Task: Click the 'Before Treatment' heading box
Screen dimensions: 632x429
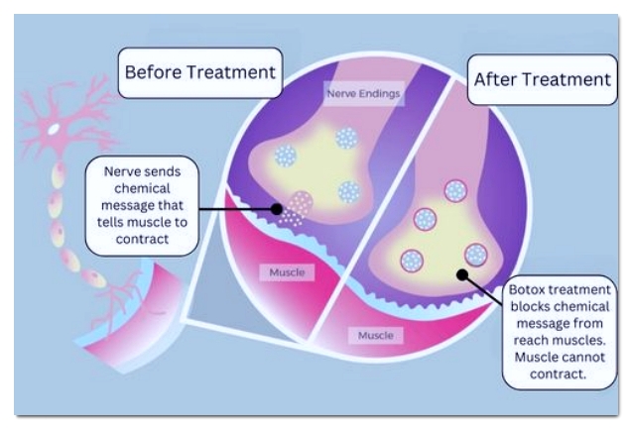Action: coord(200,73)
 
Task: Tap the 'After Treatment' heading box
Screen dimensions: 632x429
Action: coord(542,79)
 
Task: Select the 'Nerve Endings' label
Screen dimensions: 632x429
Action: coord(363,94)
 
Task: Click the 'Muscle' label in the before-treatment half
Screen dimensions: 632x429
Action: coord(287,272)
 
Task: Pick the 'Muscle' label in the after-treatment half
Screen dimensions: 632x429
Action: coord(376,335)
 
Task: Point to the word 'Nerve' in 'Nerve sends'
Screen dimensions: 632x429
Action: coord(121,171)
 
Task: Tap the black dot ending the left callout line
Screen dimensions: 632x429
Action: coord(277,209)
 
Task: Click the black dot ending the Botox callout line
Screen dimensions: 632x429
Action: coord(462,274)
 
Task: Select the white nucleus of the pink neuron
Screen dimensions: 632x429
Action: coord(54,129)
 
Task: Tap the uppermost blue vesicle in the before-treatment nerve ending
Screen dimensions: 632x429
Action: coord(346,138)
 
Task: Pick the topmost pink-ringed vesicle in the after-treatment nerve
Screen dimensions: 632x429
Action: coord(455,191)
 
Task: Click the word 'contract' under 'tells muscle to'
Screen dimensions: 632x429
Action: coord(142,239)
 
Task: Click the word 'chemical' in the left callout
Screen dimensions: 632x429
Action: coord(142,188)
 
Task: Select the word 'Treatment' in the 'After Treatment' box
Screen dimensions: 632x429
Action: coord(572,79)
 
